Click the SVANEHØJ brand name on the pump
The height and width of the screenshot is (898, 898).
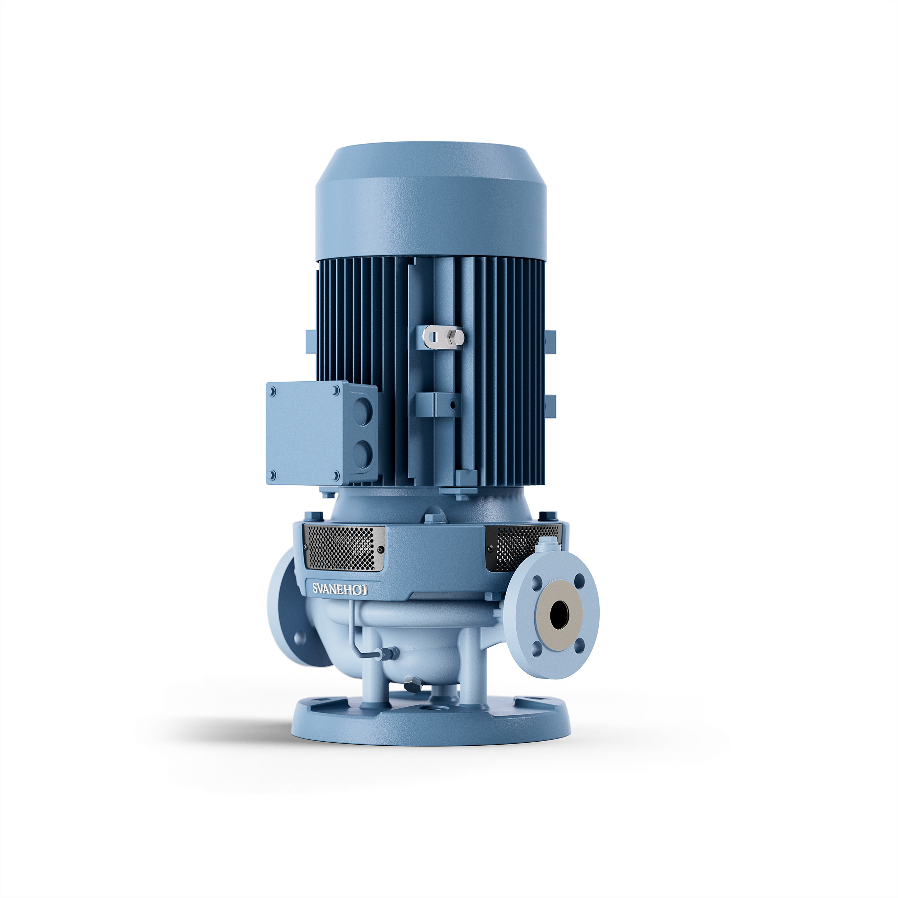click(x=340, y=589)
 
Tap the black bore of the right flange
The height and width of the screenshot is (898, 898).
click(x=559, y=614)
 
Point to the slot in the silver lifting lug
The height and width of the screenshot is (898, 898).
click(x=434, y=336)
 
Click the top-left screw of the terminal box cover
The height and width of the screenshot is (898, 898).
click(x=273, y=392)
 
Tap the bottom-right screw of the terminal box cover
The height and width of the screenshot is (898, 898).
click(x=336, y=475)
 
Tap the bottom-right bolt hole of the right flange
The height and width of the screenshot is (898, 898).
click(x=579, y=645)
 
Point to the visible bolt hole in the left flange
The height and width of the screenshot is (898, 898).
click(x=300, y=637)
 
